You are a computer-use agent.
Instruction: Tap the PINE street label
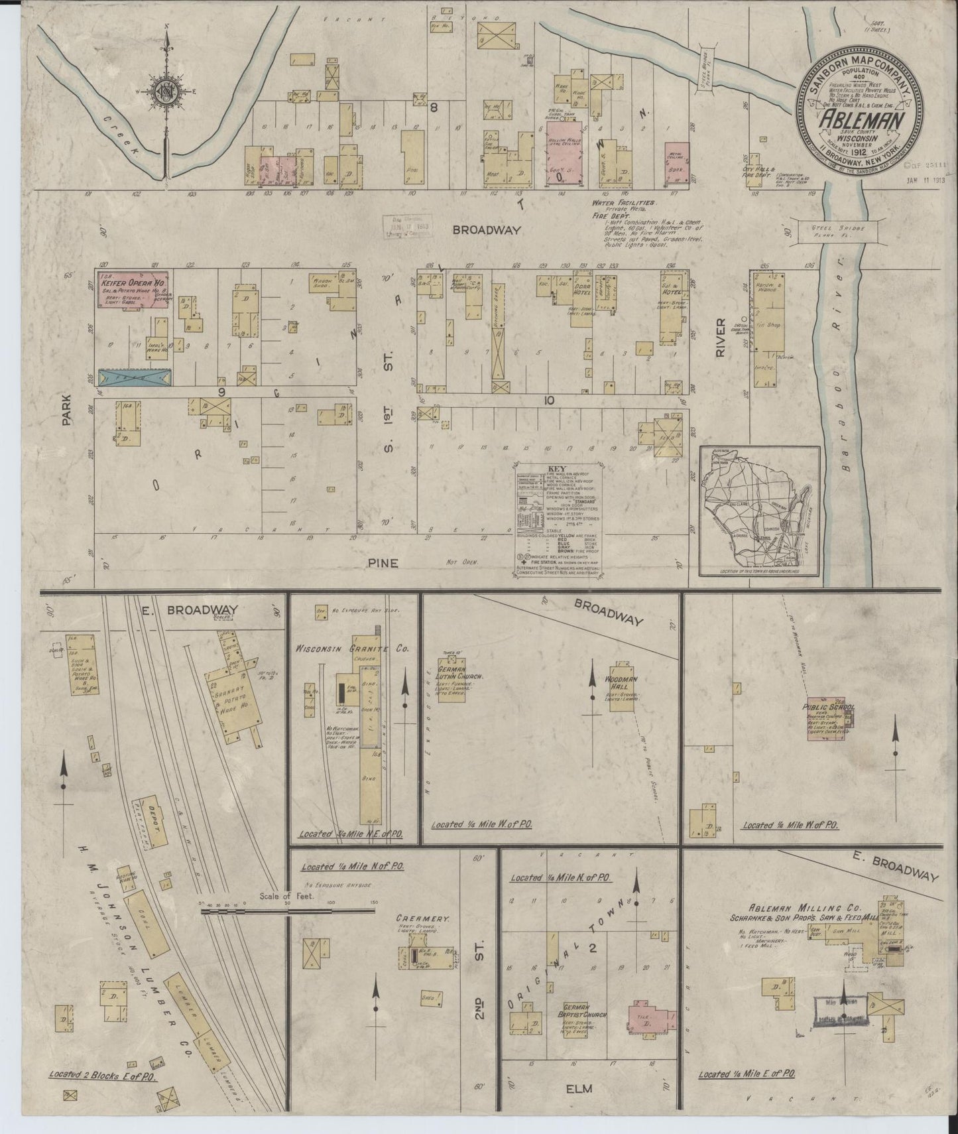pos(385,562)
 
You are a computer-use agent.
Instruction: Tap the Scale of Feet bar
pos(288,913)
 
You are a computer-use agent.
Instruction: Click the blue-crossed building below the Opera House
pos(135,377)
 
